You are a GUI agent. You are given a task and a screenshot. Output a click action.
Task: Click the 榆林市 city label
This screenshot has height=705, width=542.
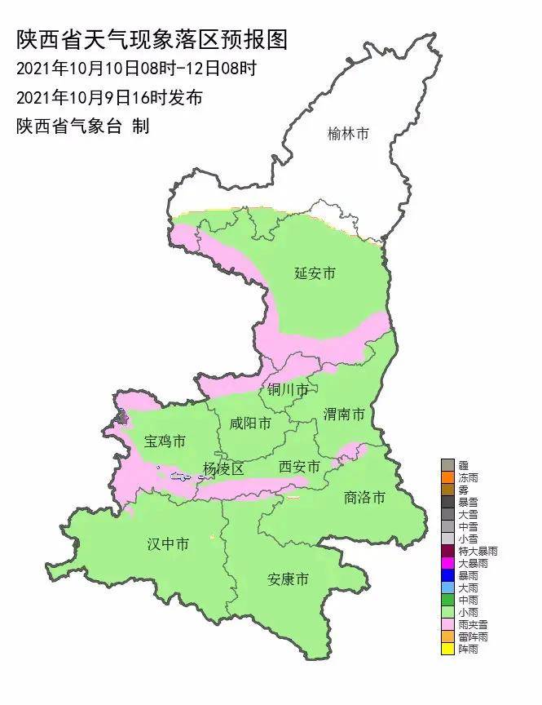(x=348, y=133)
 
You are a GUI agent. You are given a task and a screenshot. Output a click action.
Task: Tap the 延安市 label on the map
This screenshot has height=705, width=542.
(x=315, y=273)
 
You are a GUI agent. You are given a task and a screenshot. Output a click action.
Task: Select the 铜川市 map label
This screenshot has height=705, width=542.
(x=288, y=390)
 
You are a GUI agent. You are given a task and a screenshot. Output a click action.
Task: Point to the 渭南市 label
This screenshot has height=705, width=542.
(x=343, y=415)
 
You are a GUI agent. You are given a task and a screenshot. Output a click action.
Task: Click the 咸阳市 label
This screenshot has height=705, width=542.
(x=249, y=423)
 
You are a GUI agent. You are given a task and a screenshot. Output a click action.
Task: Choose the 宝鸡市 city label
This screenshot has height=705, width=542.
(x=165, y=441)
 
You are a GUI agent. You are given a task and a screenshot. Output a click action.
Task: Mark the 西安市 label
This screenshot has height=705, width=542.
(x=298, y=467)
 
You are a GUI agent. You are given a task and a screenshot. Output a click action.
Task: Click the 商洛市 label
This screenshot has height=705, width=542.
(x=364, y=497)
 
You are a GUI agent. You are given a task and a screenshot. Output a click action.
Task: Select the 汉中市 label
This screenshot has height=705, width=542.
(x=168, y=543)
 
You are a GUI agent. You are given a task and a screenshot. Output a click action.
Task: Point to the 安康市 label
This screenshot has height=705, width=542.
(x=289, y=579)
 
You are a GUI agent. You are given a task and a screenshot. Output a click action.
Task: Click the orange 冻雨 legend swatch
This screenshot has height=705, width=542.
(x=447, y=477)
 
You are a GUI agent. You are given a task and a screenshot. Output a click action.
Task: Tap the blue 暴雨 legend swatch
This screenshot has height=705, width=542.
(x=447, y=575)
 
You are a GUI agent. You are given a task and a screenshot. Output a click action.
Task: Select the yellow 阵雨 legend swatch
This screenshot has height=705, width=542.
(x=447, y=650)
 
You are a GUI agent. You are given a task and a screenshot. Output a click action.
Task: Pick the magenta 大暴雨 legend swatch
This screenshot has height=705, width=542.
(x=447, y=563)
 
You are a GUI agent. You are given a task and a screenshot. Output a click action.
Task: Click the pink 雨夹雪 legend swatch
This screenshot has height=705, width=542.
(x=447, y=624)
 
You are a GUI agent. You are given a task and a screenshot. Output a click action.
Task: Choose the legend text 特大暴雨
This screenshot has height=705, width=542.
(x=477, y=552)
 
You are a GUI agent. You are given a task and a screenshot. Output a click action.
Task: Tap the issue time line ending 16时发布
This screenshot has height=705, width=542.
(x=109, y=98)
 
